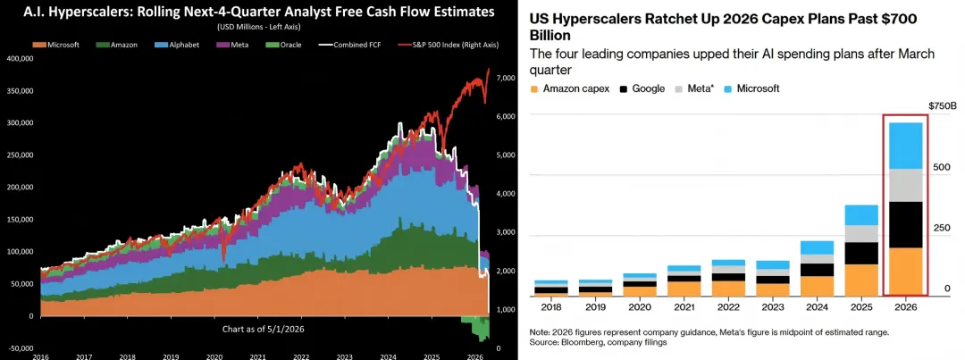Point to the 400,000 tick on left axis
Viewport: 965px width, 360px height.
tap(21, 58)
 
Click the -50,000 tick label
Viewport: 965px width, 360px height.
tap(21, 347)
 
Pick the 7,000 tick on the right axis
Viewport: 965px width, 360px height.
tap(503, 78)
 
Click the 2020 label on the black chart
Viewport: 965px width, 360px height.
tap(214, 356)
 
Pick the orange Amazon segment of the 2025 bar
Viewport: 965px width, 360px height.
tap(861, 280)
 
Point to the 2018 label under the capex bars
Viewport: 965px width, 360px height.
tap(550, 307)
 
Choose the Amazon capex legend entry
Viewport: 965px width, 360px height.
tap(570, 88)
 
